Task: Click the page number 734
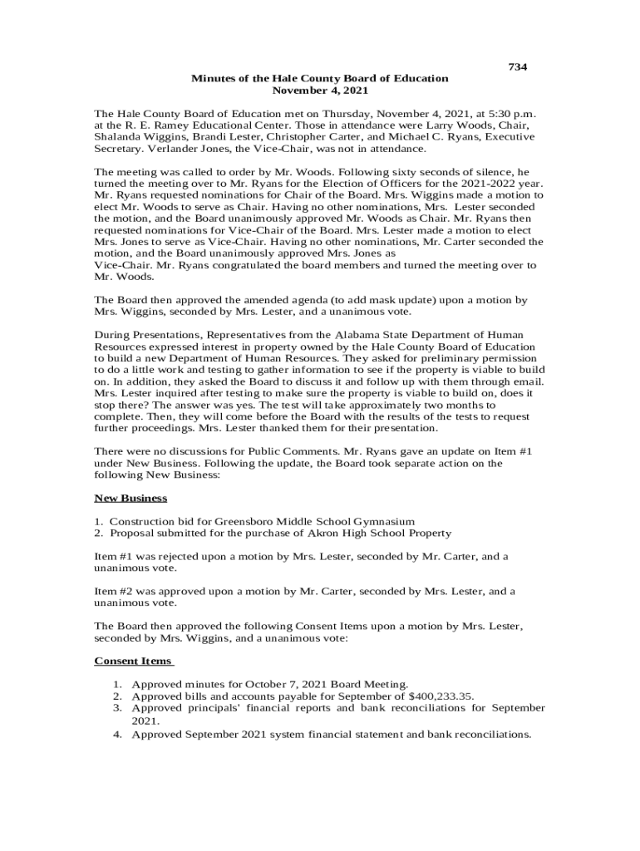pyautogui.click(x=517, y=66)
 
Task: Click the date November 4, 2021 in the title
pyautogui.click(x=320, y=90)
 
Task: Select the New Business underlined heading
pyautogui.click(x=130, y=498)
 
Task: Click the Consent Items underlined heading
pyautogui.click(x=133, y=661)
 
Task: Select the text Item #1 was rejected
pyautogui.click(x=151, y=556)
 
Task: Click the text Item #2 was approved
pyautogui.click(x=154, y=591)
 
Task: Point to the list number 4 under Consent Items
pyautogui.click(x=118, y=734)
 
